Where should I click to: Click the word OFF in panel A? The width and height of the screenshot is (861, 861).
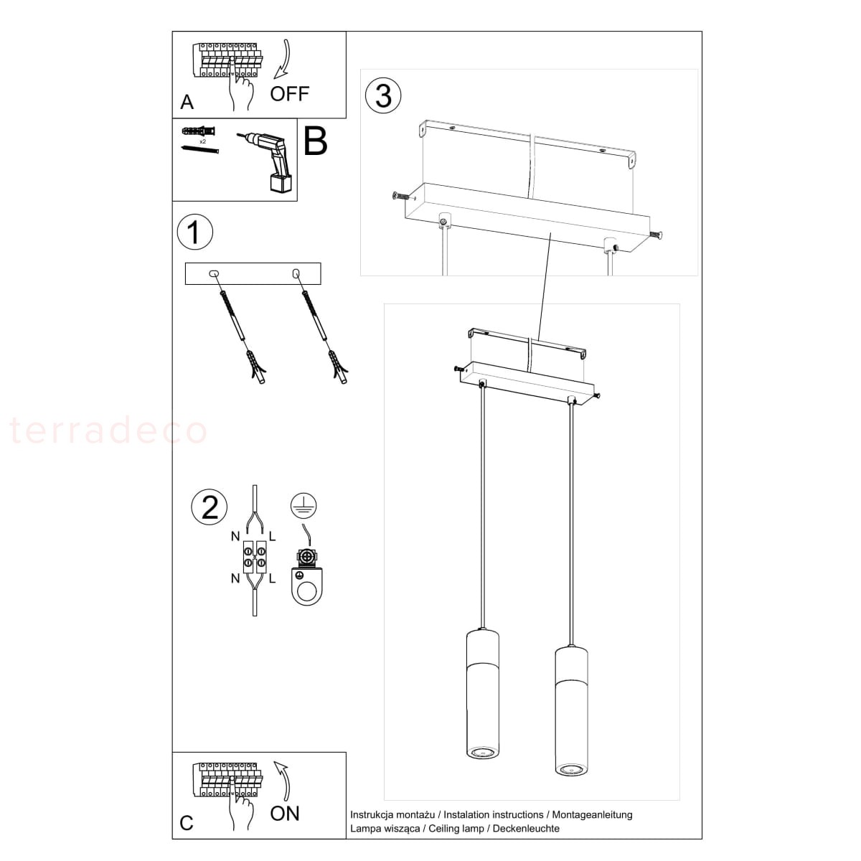289,93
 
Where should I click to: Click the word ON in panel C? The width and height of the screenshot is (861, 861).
284,813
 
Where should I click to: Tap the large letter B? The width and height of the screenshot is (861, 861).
316,141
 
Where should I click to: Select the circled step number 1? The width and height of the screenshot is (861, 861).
195,232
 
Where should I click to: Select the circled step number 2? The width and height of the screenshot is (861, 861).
209,507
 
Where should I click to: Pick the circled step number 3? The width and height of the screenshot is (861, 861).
383,95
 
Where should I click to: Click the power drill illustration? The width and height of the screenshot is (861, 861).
266,161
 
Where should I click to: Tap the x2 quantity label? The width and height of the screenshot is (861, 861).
203,141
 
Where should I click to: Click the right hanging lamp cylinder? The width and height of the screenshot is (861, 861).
571,710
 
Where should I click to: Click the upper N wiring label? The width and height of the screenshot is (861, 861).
235,536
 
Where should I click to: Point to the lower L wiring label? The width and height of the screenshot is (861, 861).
272,578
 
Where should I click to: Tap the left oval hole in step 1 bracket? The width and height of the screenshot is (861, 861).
214,273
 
